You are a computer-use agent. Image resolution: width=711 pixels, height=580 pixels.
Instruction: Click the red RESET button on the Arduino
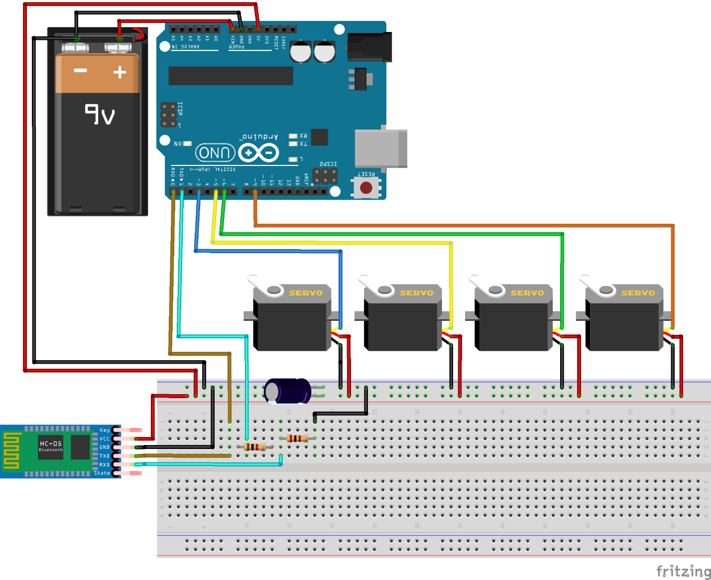point(366,188)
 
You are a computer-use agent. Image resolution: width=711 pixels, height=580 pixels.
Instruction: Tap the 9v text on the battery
point(100,115)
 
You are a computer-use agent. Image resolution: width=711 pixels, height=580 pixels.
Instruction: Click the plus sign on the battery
point(119,73)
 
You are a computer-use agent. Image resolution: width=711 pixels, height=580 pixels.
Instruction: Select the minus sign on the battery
point(81,71)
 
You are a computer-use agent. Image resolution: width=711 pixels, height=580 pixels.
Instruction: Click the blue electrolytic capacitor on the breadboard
point(287,391)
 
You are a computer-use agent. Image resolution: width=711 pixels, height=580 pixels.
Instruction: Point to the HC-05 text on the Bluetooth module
point(51,443)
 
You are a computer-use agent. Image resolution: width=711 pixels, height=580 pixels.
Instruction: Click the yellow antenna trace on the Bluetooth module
point(11,450)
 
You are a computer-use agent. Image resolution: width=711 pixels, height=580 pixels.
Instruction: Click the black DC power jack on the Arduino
point(369,47)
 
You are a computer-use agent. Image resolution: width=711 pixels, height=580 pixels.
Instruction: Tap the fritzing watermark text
point(683,571)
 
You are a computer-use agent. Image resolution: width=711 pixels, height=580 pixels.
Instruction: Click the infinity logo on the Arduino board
point(258,152)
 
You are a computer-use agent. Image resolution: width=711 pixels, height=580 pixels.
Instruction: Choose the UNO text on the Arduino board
point(215,152)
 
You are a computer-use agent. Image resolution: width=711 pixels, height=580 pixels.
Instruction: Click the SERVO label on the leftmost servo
point(306,293)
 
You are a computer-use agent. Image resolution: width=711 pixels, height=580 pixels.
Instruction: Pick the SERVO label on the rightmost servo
point(638,293)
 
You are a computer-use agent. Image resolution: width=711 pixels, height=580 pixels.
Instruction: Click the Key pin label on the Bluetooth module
point(105,430)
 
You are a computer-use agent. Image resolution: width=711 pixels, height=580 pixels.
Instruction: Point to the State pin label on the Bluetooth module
point(102,473)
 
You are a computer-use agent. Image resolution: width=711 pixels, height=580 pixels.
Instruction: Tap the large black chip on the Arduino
point(231,76)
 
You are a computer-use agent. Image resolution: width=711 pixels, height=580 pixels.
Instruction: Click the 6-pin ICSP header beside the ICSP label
point(168,115)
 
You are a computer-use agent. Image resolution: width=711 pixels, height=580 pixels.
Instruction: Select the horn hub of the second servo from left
point(385,290)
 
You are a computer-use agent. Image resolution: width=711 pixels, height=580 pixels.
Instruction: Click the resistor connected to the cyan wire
point(254,447)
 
